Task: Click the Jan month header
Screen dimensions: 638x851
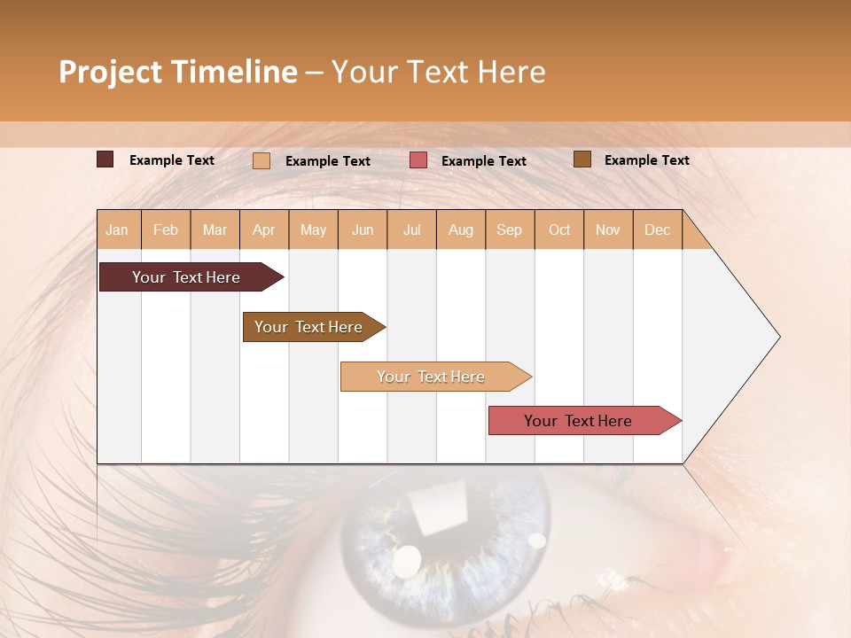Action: point(117,230)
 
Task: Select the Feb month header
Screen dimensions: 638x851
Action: point(166,230)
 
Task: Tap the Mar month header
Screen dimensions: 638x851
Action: point(215,230)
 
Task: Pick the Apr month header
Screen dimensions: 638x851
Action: point(263,230)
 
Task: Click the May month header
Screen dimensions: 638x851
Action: point(313,230)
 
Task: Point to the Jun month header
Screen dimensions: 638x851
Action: point(363,230)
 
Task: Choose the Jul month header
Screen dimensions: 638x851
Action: point(411,230)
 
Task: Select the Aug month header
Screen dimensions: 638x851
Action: point(460,230)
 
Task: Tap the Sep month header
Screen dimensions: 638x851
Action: point(509,230)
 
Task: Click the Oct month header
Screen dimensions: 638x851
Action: point(559,230)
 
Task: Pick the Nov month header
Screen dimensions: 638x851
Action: point(608,230)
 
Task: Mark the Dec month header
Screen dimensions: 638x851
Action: point(657,230)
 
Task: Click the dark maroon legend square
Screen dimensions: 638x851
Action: point(105,159)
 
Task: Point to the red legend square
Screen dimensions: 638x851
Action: point(418,160)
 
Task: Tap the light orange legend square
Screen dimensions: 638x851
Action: point(262,160)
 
